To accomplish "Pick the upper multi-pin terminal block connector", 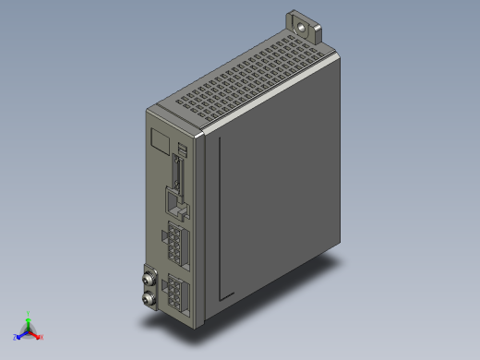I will click(x=175, y=245).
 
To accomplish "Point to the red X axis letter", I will click(x=42, y=337).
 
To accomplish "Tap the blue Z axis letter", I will click(x=16, y=337).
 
